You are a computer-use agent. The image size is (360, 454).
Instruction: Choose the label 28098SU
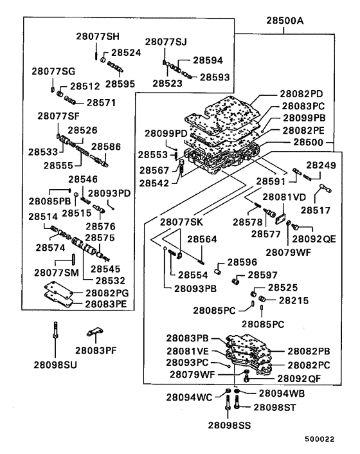pyautogui.click(x=55, y=364)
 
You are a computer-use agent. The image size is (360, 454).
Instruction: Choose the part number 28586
pyautogui.click(x=106, y=147)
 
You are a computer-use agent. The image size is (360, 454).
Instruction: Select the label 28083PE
pyautogui.click(x=108, y=304)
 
